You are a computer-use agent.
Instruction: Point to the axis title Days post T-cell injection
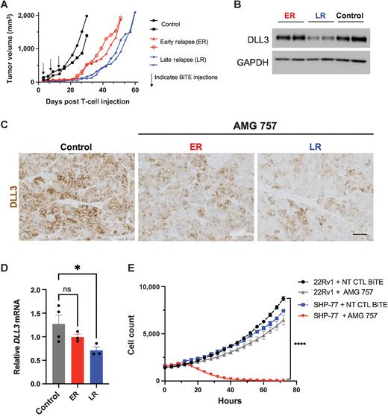point(87,101)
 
